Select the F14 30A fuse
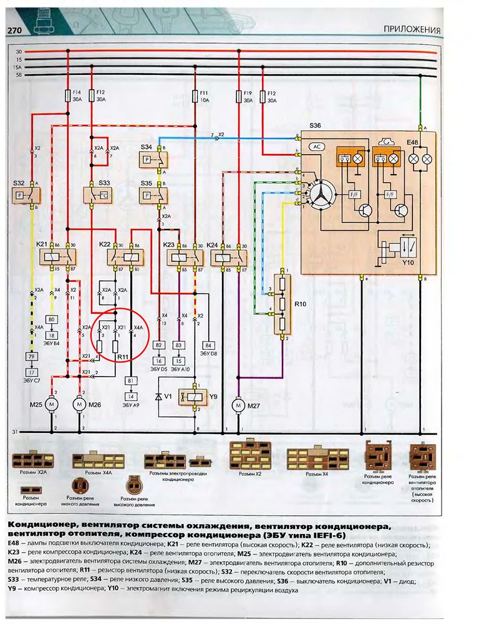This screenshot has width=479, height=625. point(68,95)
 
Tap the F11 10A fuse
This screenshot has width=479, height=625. point(195,95)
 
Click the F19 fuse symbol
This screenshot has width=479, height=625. point(239,95)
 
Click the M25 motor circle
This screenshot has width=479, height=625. point(54,405)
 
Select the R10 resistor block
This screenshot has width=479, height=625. point(281,304)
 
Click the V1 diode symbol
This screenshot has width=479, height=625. point(159,397)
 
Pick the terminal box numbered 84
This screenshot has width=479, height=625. point(208,344)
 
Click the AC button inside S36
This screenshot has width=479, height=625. point(317,147)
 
